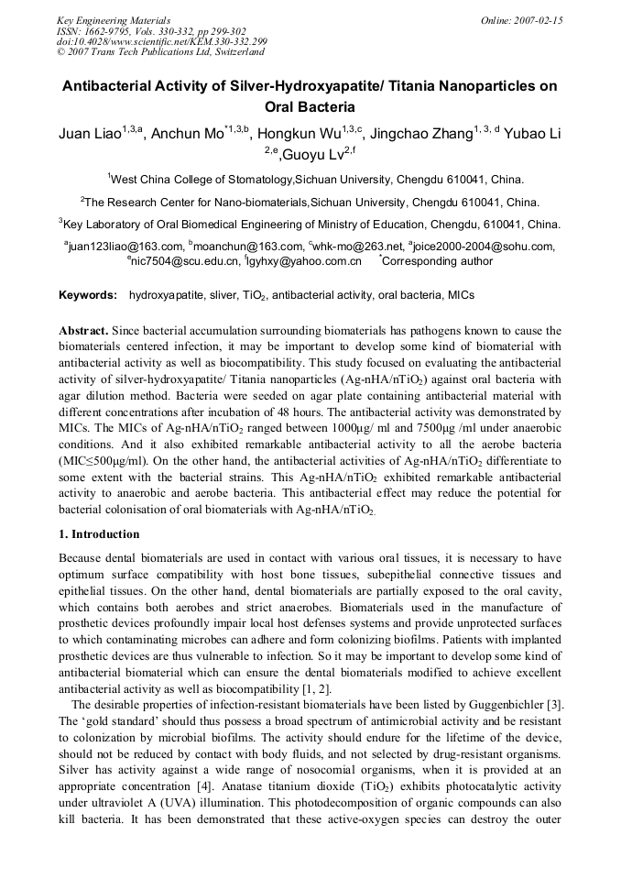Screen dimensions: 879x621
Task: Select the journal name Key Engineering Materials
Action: pos(114,19)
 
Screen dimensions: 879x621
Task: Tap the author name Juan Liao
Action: pos(89,134)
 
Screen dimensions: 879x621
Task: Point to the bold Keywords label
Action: pos(88,295)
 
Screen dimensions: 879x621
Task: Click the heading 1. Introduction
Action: pos(99,534)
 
